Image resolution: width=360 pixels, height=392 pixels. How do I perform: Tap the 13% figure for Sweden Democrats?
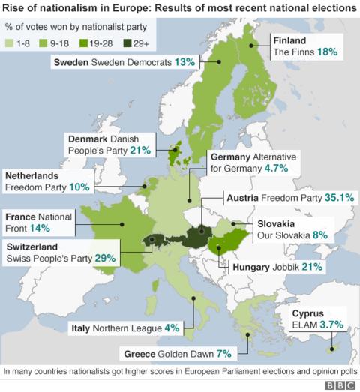click(x=184, y=63)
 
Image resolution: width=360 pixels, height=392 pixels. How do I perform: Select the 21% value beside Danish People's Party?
click(x=140, y=151)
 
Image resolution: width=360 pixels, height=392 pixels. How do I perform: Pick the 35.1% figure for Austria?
click(x=337, y=198)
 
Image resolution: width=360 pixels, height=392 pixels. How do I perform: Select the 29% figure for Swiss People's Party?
click(x=106, y=258)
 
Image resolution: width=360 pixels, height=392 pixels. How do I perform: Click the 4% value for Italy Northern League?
click(x=172, y=328)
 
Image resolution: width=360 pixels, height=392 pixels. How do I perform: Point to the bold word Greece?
click(x=138, y=352)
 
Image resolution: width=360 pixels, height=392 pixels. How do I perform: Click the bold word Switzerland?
click(x=35, y=245)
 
